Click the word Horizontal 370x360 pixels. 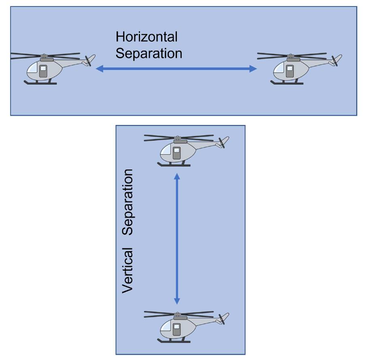coord(147,37)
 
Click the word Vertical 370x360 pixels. coord(128,270)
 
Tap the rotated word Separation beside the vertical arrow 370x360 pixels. coord(128,202)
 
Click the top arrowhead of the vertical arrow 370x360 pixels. coord(176,177)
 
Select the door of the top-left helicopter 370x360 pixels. coord(43,71)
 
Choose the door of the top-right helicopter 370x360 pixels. coord(289,71)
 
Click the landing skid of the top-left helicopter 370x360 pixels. coord(40,83)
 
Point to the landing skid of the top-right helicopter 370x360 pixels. coord(287,83)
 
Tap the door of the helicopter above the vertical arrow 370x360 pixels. coord(176,153)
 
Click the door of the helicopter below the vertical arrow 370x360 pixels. coord(176,329)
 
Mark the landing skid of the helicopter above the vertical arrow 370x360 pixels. coord(174,165)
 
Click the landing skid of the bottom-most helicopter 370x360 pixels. coord(174,341)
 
